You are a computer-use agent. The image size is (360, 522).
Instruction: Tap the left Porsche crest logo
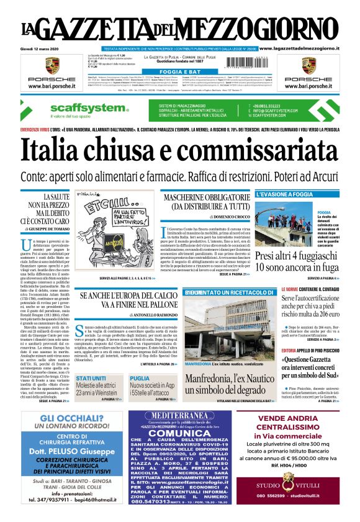51,65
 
